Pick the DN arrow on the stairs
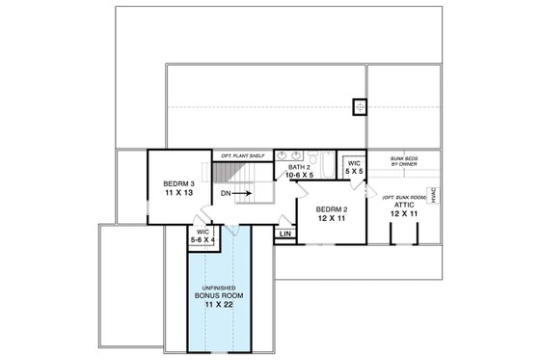pyautogui.click(x=238, y=192)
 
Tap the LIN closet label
pyautogui.click(x=285, y=234)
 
